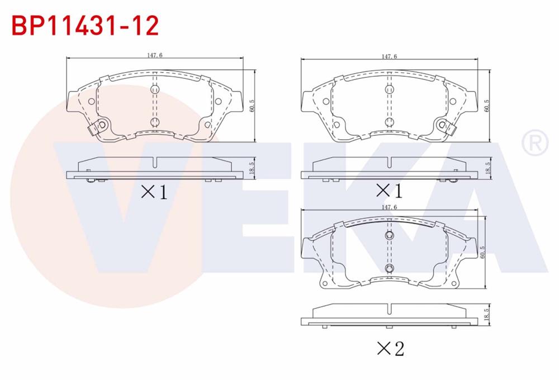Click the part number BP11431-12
pyautogui.click(x=85, y=25)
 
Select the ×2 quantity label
pyautogui.click(x=391, y=348)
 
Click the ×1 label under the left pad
pyautogui.click(x=154, y=192)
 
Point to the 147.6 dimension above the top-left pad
pyautogui.click(x=155, y=55)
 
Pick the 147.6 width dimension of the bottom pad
pyautogui.click(x=389, y=207)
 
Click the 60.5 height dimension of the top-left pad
pyautogui.click(x=252, y=106)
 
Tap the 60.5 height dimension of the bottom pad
pyautogui.click(x=483, y=253)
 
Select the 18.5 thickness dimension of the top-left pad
pyautogui.click(x=252, y=168)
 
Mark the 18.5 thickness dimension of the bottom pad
pyautogui.click(x=487, y=315)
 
